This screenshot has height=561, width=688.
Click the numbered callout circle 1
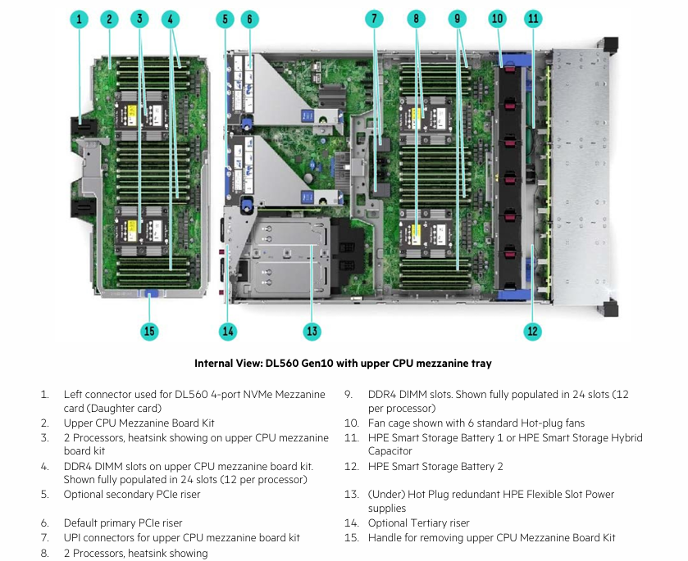(80, 19)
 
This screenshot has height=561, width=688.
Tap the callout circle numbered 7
(374, 19)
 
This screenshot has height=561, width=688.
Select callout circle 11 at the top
(534, 19)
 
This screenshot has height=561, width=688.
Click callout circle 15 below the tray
(149, 331)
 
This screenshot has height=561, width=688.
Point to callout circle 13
(312, 331)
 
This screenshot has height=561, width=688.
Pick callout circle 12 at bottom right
(533, 331)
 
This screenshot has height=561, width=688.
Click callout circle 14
(228, 331)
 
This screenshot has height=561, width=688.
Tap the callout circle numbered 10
(498, 19)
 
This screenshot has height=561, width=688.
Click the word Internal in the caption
(215, 364)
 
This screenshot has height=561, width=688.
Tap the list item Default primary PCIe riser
(123, 523)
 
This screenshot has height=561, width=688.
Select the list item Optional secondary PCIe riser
(132, 495)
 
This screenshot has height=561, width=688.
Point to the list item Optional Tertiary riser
(418, 523)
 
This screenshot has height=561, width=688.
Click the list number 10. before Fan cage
(351, 423)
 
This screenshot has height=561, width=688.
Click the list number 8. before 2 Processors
(44, 553)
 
